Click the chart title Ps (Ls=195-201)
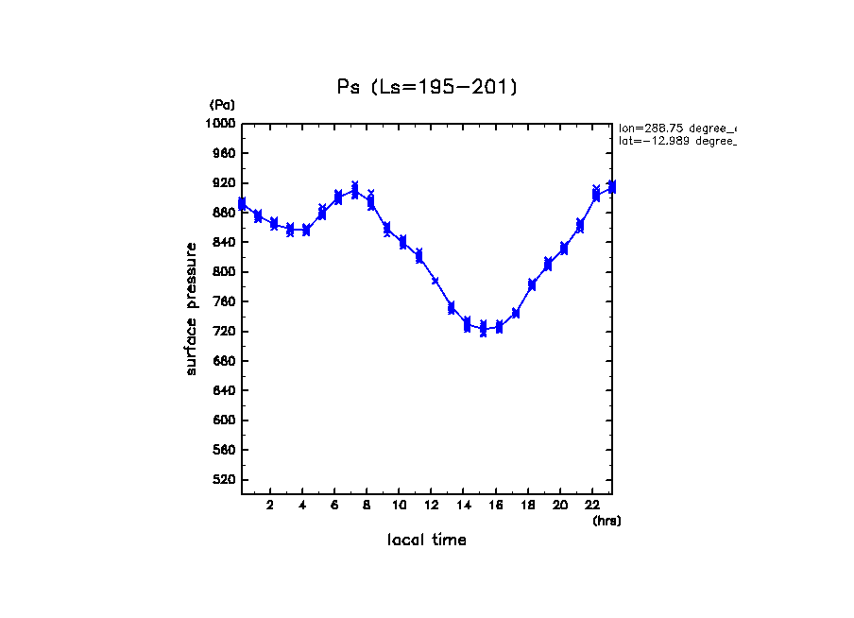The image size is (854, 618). [x=427, y=87]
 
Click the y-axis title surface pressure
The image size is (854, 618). [x=192, y=308]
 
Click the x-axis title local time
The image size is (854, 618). [x=427, y=541]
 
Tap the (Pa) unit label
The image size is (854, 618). [x=222, y=105]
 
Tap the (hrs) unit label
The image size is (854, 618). [x=606, y=521]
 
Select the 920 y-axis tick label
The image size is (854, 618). [x=225, y=183]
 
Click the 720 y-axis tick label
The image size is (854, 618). [x=225, y=332]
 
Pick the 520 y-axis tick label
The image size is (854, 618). [x=225, y=480]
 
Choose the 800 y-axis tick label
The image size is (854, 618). [x=225, y=272]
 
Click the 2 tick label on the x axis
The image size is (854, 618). [x=270, y=506]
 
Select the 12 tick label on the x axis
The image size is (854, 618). [x=432, y=506]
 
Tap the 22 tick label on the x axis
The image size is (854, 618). [x=592, y=506]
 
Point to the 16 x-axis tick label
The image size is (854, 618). [x=496, y=506]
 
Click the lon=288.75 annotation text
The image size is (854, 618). [x=676, y=128]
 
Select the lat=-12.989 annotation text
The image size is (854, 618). [x=676, y=141]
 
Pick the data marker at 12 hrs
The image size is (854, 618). [x=435, y=281]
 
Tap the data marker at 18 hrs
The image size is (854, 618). [x=532, y=284]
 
